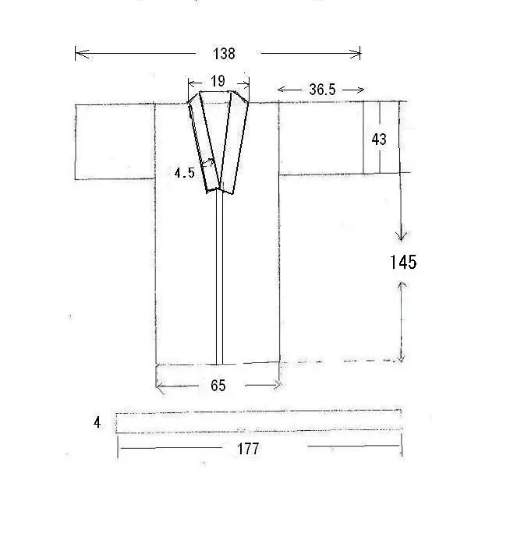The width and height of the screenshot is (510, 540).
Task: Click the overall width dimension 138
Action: pyautogui.click(x=224, y=54)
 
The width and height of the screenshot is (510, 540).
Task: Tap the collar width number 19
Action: pyautogui.click(x=218, y=81)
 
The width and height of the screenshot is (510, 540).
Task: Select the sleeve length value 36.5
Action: pyautogui.click(x=322, y=90)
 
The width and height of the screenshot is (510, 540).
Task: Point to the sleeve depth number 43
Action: pyautogui.click(x=379, y=139)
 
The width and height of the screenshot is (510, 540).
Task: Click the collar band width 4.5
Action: pyautogui.click(x=184, y=173)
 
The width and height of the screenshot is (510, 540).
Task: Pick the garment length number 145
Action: pyautogui.click(x=403, y=262)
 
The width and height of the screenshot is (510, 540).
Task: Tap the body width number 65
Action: pyautogui.click(x=218, y=386)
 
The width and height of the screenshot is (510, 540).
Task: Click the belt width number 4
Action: pyautogui.click(x=97, y=422)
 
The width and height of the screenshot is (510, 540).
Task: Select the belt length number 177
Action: pyautogui.click(x=248, y=449)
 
